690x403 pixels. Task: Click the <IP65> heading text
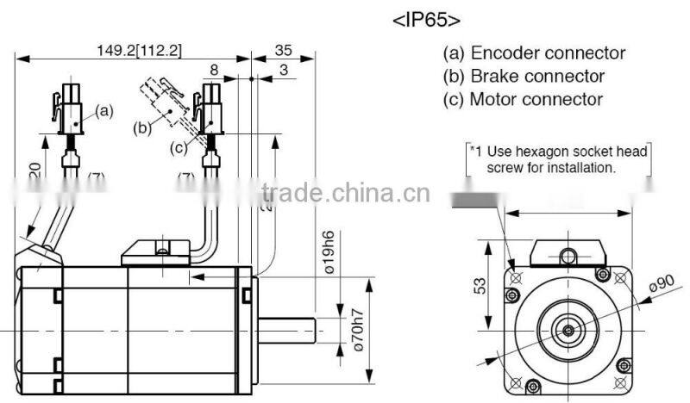(x=427, y=20)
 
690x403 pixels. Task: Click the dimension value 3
(x=283, y=70)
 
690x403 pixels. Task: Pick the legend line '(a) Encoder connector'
(x=534, y=53)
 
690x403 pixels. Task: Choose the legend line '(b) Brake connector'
(x=524, y=77)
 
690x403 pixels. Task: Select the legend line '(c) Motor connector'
(x=523, y=99)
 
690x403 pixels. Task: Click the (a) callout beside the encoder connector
(x=103, y=110)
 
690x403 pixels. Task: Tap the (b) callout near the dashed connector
(x=142, y=129)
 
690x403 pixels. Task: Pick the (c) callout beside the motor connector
(x=178, y=147)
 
